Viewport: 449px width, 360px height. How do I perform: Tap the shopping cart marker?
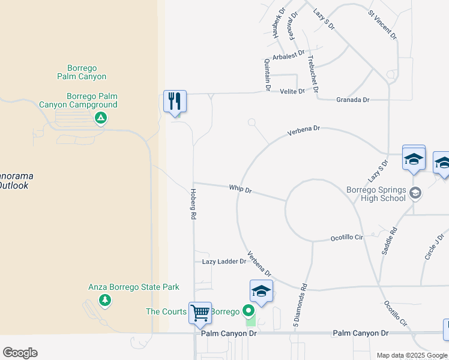200,312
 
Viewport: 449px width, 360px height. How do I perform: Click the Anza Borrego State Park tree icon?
105,299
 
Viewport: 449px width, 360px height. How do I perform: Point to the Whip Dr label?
240,189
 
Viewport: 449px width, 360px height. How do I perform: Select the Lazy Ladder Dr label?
224,262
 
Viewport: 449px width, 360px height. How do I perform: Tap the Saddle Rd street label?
389,240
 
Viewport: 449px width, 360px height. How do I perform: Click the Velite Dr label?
292,91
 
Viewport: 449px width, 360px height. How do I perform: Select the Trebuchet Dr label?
313,72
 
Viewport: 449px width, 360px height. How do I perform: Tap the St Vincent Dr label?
383,24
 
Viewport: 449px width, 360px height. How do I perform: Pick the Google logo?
20,353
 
